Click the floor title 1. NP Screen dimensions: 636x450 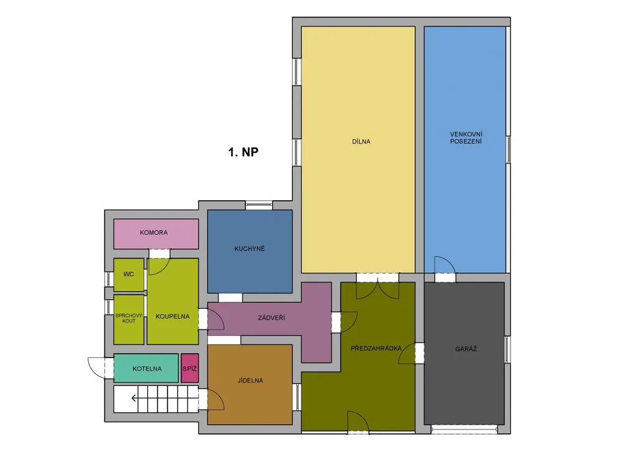pyautogui.click(x=243, y=152)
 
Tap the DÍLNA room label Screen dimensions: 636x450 pyautogui.click(x=361, y=142)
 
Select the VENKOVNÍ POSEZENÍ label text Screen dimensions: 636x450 pyautogui.click(x=466, y=138)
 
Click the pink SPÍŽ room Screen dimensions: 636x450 pyautogui.click(x=190, y=368)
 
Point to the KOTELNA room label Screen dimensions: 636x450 pyautogui.click(x=147, y=369)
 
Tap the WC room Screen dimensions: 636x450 pyautogui.click(x=129, y=275)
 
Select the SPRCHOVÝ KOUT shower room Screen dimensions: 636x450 pyautogui.click(x=129, y=319)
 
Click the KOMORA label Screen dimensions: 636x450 pyautogui.click(x=154, y=232)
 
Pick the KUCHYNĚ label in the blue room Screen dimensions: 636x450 pyautogui.click(x=250, y=249)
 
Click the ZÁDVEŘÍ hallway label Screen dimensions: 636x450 pyautogui.click(x=271, y=318)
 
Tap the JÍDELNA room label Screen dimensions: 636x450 pyautogui.click(x=250, y=380)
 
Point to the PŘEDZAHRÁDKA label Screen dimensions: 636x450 pyautogui.click(x=376, y=348)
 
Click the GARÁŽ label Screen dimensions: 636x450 pyautogui.click(x=466, y=349)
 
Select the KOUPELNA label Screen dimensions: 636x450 pyautogui.click(x=173, y=316)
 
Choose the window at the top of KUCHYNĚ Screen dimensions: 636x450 pyautogui.click(x=259, y=205)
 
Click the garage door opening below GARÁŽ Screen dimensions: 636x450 pyautogui.click(x=464, y=429)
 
